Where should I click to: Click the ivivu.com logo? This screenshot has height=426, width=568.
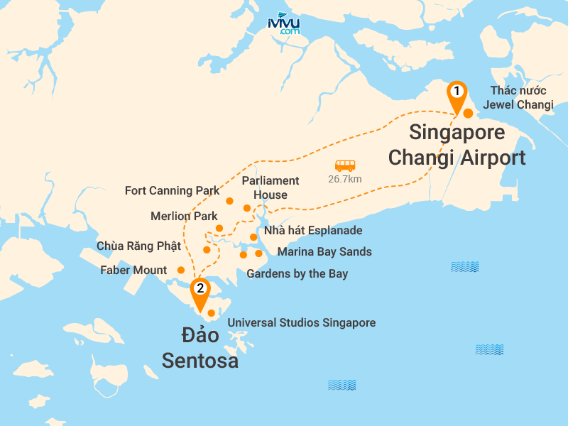pyautogui.click(x=283, y=24)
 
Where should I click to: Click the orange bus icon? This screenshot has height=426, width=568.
pyautogui.click(x=345, y=165)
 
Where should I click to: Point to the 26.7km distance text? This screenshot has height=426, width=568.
pyautogui.click(x=345, y=179)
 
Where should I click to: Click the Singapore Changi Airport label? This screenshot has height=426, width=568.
pyautogui.click(x=457, y=145)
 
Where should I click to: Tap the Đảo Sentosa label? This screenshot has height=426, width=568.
pyautogui.click(x=200, y=347)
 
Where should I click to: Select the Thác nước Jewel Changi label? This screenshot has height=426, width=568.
pyautogui.click(x=518, y=97)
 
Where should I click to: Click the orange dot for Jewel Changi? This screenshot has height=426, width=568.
pyautogui.click(x=468, y=113)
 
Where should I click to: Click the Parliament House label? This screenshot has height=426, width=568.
pyautogui.click(x=271, y=187)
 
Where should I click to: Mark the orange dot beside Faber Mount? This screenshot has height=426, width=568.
pyautogui.click(x=181, y=270)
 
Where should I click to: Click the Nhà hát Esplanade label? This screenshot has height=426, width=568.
pyautogui.click(x=313, y=231)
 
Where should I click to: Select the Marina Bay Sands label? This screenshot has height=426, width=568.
pyautogui.click(x=324, y=252)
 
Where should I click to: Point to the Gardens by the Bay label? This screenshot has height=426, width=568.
pyautogui.click(x=297, y=273)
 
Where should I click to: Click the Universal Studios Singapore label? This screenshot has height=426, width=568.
pyautogui.click(x=301, y=323)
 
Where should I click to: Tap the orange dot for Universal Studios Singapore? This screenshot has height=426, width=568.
pyautogui.click(x=212, y=313)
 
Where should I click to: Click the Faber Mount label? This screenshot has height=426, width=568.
pyautogui.click(x=133, y=270)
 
